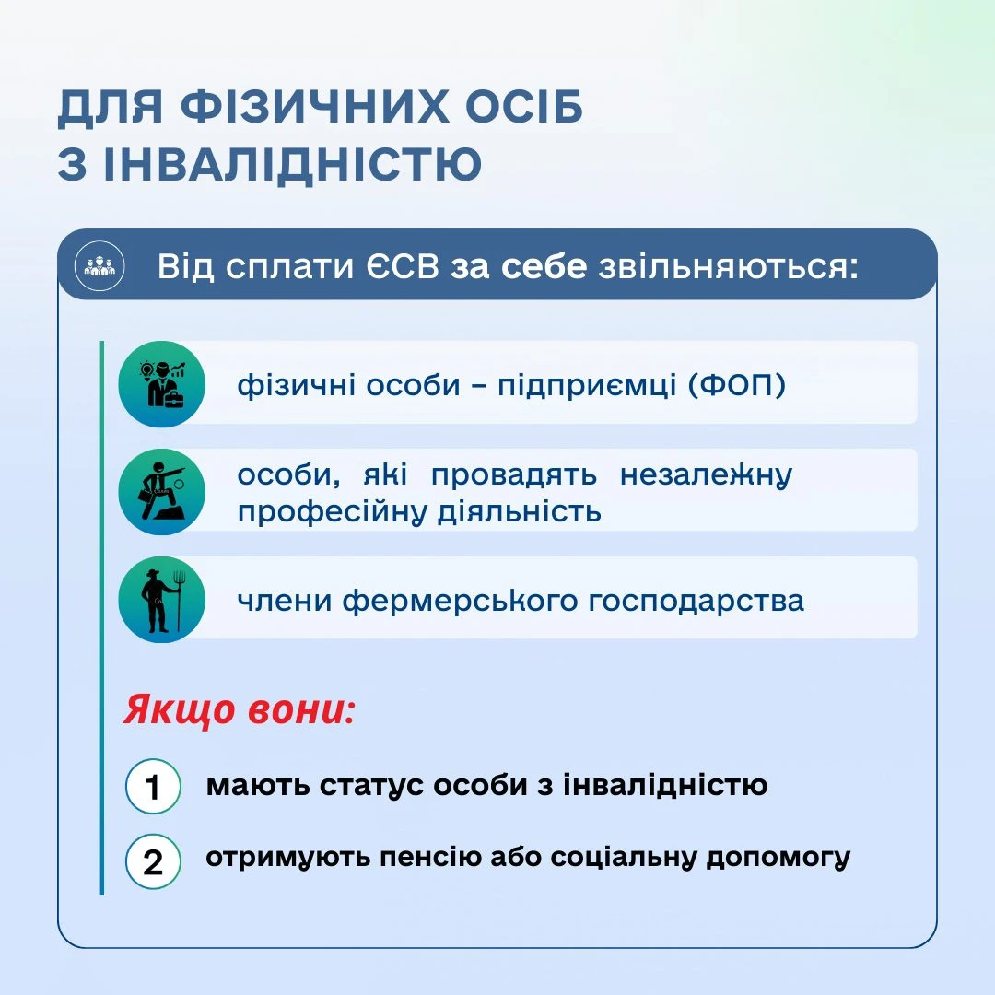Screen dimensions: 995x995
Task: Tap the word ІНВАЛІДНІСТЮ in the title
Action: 293,164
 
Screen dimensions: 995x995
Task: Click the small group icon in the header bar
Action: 99,266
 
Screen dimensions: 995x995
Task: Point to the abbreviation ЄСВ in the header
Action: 403,266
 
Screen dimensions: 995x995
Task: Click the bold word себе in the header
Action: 544,266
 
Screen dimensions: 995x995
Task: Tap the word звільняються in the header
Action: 728,267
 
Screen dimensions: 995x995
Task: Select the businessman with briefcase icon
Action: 162,384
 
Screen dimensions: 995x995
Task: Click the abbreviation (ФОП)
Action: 737,385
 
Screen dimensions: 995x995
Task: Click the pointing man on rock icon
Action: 162,492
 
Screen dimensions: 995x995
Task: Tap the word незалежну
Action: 706,475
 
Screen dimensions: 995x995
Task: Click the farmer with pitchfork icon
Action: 162,600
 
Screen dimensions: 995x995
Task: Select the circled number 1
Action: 153,786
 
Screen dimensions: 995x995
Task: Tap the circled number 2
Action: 153,861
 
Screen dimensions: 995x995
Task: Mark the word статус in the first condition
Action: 370,786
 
